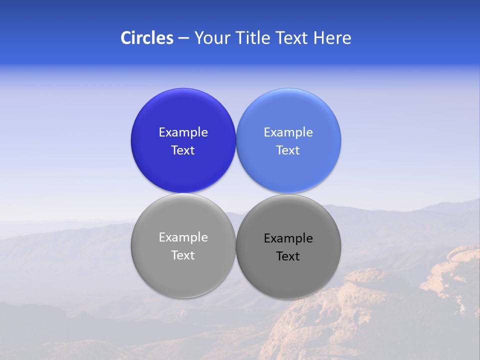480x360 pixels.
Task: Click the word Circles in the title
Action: pyautogui.click(x=146, y=38)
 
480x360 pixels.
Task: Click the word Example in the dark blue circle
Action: pyautogui.click(x=183, y=132)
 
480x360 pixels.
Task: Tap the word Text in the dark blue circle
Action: pyautogui.click(x=183, y=150)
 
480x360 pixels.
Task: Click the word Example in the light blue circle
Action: pyautogui.click(x=288, y=132)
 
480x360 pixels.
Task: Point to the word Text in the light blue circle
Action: pyautogui.click(x=288, y=150)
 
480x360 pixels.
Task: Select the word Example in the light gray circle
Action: pyautogui.click(x=183, y=237)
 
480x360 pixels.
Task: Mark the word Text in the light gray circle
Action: pyautogui.click(x=183, y=255)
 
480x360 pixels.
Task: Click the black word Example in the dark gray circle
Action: pyautogui.click(x=288, y=238)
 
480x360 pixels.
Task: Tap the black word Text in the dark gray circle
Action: pyautogui.click(x=288, y=256)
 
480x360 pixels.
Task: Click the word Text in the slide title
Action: pyautogui.click(x=293, y=38)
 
